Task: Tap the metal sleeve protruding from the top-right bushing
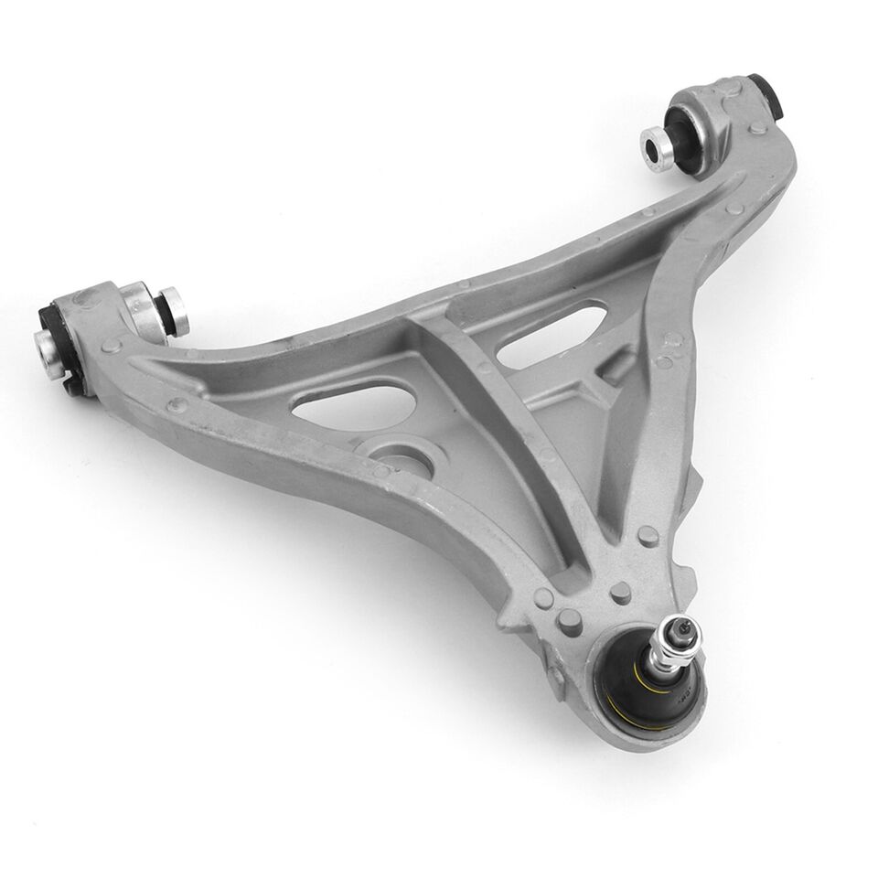(x=657, y=149)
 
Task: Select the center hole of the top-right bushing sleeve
(x=653, y=147)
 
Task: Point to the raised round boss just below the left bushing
(x=111, y=347)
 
